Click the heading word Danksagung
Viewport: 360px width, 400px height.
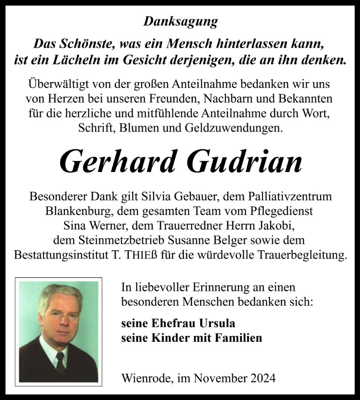pyautogui.click(x=181, y=21)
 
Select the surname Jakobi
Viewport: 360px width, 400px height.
pyautogui.click(x=279, y=225)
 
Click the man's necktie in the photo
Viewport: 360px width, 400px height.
pyautogui.click(x=60, y=363)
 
